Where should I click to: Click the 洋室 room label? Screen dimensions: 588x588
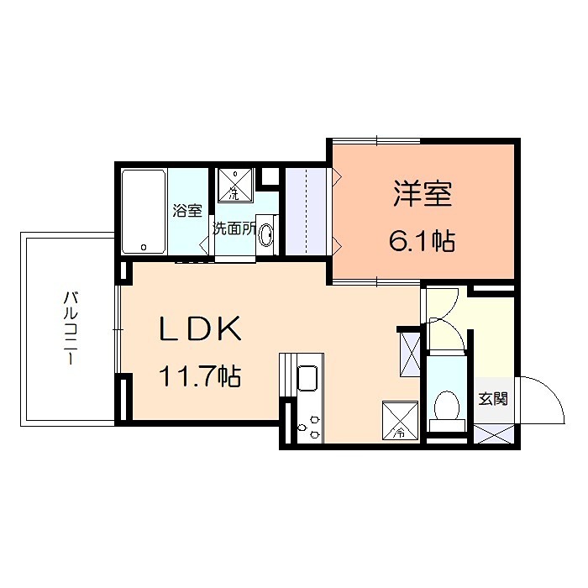point(423,194)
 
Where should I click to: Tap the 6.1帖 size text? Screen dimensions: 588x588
point(422,242)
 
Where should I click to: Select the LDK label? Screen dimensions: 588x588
point(201,329)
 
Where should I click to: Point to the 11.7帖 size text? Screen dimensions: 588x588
point(201,377)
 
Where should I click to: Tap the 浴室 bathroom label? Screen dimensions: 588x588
point(187,210)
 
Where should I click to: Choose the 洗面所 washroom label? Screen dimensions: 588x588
point(234,228)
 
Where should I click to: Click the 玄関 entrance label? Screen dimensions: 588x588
point(492,400)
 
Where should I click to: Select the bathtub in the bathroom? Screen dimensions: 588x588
point(144,212)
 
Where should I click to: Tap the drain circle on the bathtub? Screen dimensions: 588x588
point(144,247)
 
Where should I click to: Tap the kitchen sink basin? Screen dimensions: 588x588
point(308,379)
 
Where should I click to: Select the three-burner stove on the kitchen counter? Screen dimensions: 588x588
point(308,424)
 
